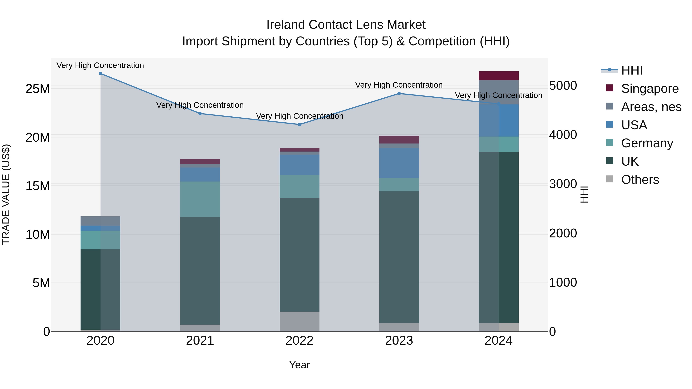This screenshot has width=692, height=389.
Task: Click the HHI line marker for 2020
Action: [101, 74]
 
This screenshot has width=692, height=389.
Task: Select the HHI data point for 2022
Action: [299, 124]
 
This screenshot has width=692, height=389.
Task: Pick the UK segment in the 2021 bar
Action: [200, 271]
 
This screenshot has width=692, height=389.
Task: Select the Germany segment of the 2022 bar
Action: [299, 187]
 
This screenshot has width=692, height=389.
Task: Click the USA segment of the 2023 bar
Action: [399, 163]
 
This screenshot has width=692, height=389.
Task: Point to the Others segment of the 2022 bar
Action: [299, 321]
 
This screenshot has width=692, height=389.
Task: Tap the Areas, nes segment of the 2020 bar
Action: [101, 221]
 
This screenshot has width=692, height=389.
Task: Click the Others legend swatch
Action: [610, 179]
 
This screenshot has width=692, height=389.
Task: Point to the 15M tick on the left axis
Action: [38, 186]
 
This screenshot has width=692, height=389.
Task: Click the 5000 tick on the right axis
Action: [563, 86]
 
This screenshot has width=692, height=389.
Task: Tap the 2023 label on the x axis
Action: [399, 341]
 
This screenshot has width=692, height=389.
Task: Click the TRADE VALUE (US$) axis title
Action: [6, 194]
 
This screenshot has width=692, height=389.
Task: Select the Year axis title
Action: [299, 365]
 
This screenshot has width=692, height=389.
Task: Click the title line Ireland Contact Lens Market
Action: [346, 25]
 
